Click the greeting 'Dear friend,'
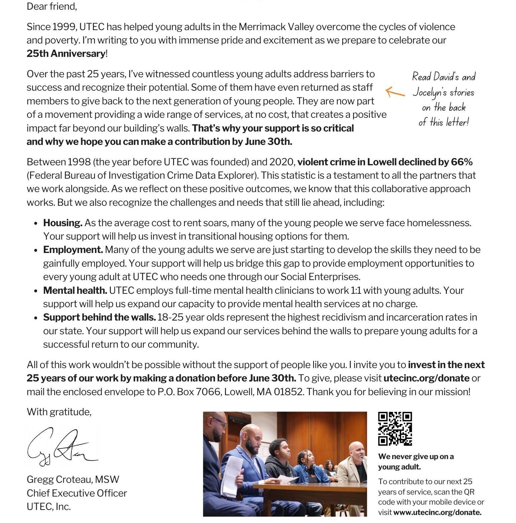(x=52, y=6)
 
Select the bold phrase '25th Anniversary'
(x=66, y=54)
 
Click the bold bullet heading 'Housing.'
(x=63, y=223)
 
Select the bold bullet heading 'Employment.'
(x=73, y=250)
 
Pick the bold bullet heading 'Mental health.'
(x=75, y=290)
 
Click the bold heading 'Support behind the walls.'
(x=100, y=317)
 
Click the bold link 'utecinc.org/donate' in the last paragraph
(x=426, y=378)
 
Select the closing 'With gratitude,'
(x=59, y=412)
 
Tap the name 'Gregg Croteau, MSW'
(x=73, y=480)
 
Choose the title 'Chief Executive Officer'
(x=77, y=493)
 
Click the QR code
(x=395, y=429)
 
